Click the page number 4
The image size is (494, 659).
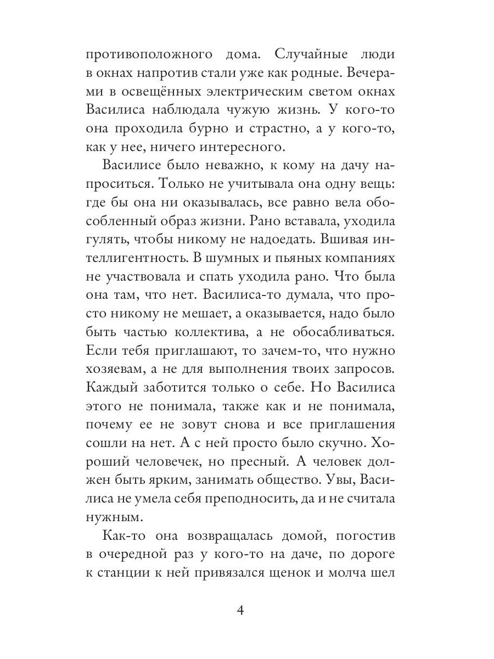tap(247, 612)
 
